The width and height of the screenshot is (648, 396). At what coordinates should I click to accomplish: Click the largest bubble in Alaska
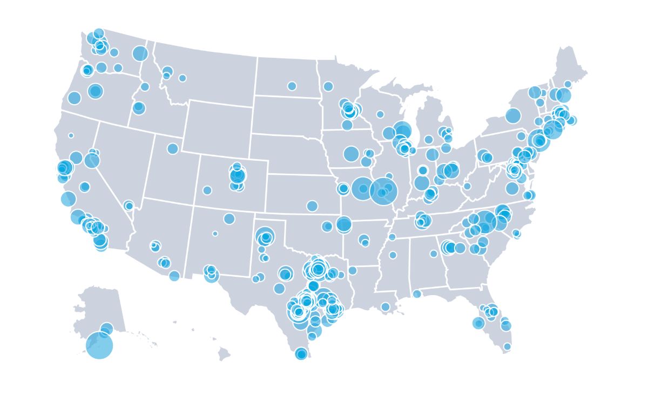click(x=99, y=345)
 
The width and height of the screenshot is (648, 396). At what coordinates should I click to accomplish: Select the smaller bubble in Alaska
click(x=107, y=329)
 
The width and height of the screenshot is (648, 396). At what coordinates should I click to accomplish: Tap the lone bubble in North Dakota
click(x=292, y=86)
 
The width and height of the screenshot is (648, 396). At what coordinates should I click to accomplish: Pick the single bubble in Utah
click(x=173, y=148)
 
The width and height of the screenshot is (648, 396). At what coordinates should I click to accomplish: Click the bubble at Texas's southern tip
click(x=301, y=354)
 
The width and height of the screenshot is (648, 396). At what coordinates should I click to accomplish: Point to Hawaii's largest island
click(x=224, y=354)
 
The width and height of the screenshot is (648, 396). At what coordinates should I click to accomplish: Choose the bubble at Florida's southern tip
click(x=507, y=346)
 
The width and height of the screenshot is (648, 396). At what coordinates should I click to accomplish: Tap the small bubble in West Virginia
click(x=467, y=186)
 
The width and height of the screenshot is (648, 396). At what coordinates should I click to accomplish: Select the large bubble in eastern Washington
click(x=140, y=53)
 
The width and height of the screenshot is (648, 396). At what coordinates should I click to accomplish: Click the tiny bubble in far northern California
click(x=71, y=135)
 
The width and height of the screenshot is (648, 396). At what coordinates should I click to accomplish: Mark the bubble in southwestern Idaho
click(x=139, y=108)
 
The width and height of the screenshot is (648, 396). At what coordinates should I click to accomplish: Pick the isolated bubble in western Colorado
click(x=207, y=190)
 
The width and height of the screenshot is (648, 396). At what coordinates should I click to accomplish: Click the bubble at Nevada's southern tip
click(x=129, y=206)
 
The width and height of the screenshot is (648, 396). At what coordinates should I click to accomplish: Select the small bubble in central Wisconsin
click(x=380, y=114)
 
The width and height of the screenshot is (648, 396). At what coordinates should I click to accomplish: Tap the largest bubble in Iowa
click(x=351, y=154)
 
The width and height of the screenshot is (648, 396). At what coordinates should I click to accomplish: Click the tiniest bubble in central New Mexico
click(x=215, y=234)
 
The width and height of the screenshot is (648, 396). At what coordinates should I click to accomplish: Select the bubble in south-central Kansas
click(x=312, y=206)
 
